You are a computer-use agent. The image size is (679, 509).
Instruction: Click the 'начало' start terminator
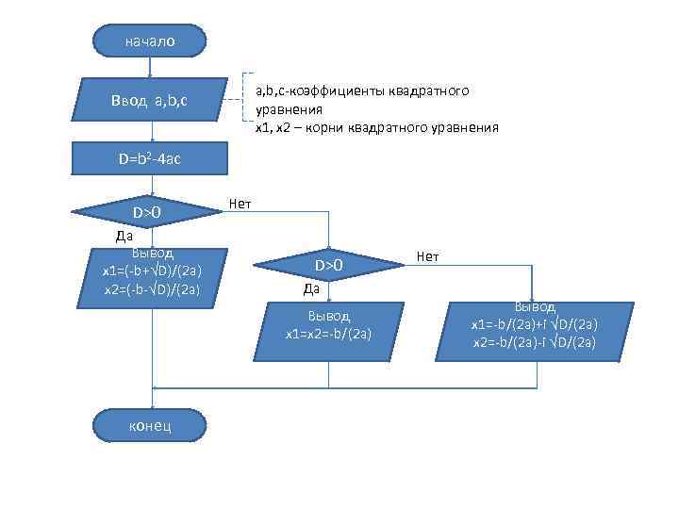coord(149,41)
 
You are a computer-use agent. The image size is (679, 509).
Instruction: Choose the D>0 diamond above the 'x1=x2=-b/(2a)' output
coord(328,266)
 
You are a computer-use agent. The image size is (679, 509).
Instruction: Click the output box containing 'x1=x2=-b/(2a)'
coord(328,324)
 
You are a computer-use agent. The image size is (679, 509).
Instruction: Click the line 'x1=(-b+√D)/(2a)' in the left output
coord(152,271)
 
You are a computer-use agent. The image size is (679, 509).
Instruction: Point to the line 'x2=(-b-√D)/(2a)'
coord(152,287)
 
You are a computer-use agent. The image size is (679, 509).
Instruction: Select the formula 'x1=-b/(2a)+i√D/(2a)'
coord(534,324)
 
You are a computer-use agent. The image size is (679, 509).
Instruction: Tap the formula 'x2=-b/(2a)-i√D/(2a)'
coord(534,341)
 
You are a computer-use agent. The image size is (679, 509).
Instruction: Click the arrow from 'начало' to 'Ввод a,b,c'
coord(150,66)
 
